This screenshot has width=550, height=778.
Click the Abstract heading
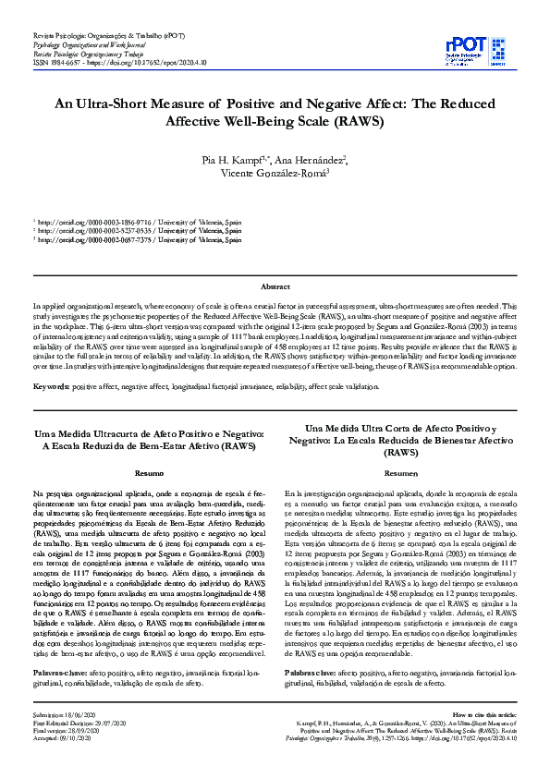pyautogui.click(x=275, y=287)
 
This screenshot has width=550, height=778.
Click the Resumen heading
pyautogui.click(x=401, y=473)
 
